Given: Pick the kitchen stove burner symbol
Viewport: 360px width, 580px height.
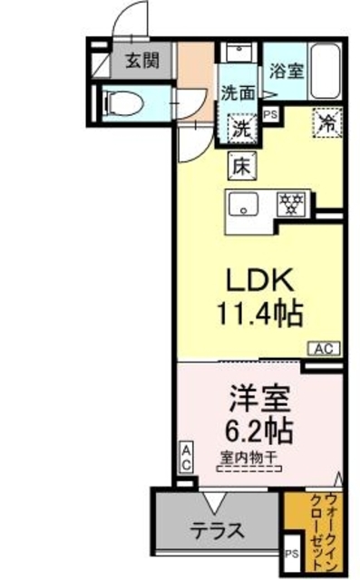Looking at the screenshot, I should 292,203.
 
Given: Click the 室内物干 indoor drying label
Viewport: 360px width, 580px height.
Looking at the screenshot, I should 248,458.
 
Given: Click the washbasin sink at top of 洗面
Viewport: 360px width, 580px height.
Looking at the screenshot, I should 240,51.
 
